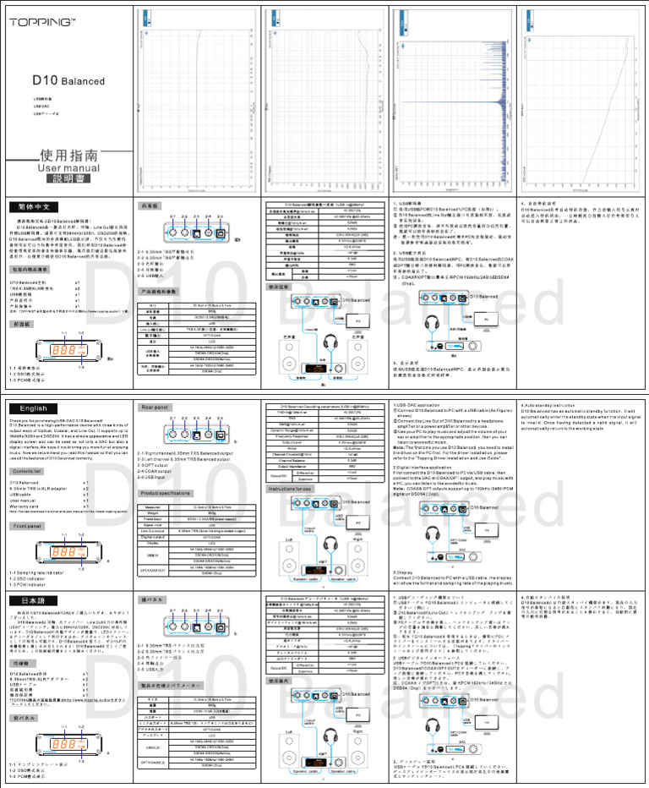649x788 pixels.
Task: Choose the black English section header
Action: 33,408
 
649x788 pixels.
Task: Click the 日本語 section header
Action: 33,599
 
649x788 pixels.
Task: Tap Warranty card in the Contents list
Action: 25,506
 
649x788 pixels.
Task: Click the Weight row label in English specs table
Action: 153,511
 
